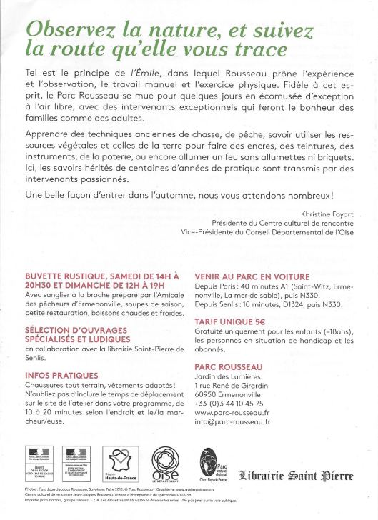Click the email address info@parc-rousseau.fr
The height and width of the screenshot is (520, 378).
(232, 421)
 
